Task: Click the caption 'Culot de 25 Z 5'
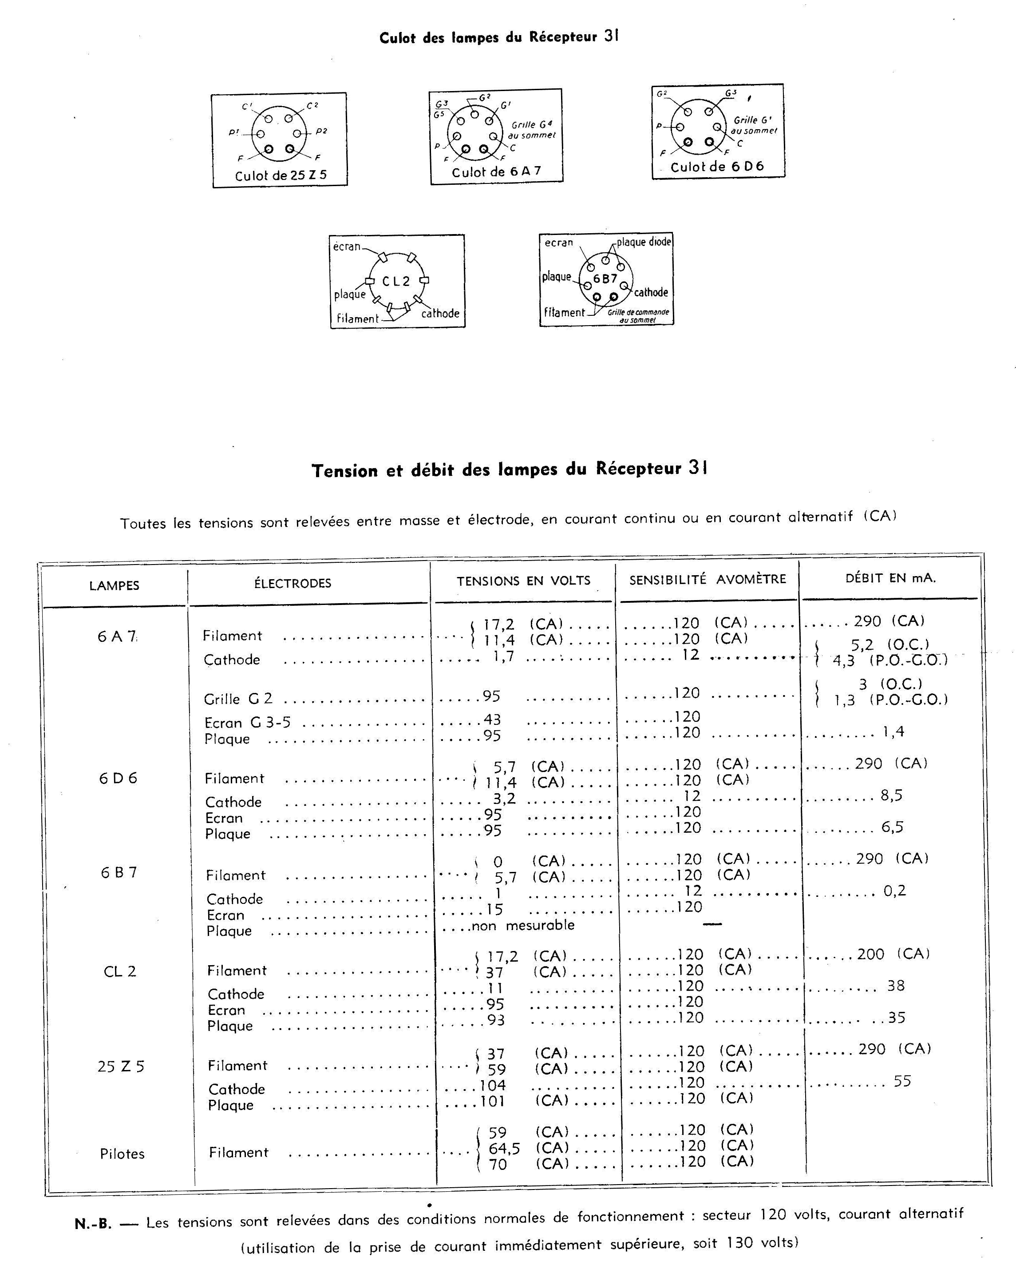tap(280, 175)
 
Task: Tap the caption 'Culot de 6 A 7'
tap(496, 172)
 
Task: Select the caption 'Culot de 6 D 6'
tap(717, 167)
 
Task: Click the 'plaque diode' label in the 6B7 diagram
tap(644, 242)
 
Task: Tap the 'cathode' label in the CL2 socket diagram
tap(440, 313)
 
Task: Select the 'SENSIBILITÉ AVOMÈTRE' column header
tap(707, 579)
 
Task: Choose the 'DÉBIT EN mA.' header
tap(890, 578)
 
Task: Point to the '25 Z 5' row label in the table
tap(121, 1066)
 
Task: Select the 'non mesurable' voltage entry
tap(523, 925)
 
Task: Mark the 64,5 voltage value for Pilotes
tap(504, 1148)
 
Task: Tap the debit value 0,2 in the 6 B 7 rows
tap(894, 891)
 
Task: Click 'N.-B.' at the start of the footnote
tap(92, 1224)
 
